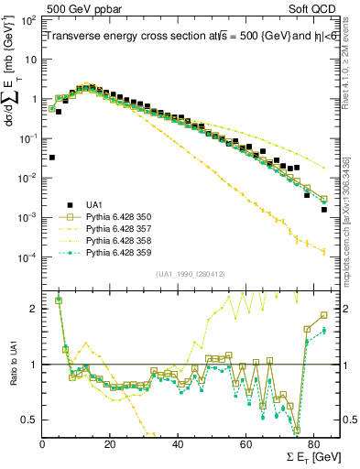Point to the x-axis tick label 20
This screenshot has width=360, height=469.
tap(110, 444)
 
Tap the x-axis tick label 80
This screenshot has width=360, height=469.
tap(312, 444)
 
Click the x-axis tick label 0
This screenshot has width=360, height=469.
tap(43, 444)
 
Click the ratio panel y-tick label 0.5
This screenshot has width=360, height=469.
tap(30, 420)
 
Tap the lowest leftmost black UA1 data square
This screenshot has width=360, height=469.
tap(52, 158)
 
